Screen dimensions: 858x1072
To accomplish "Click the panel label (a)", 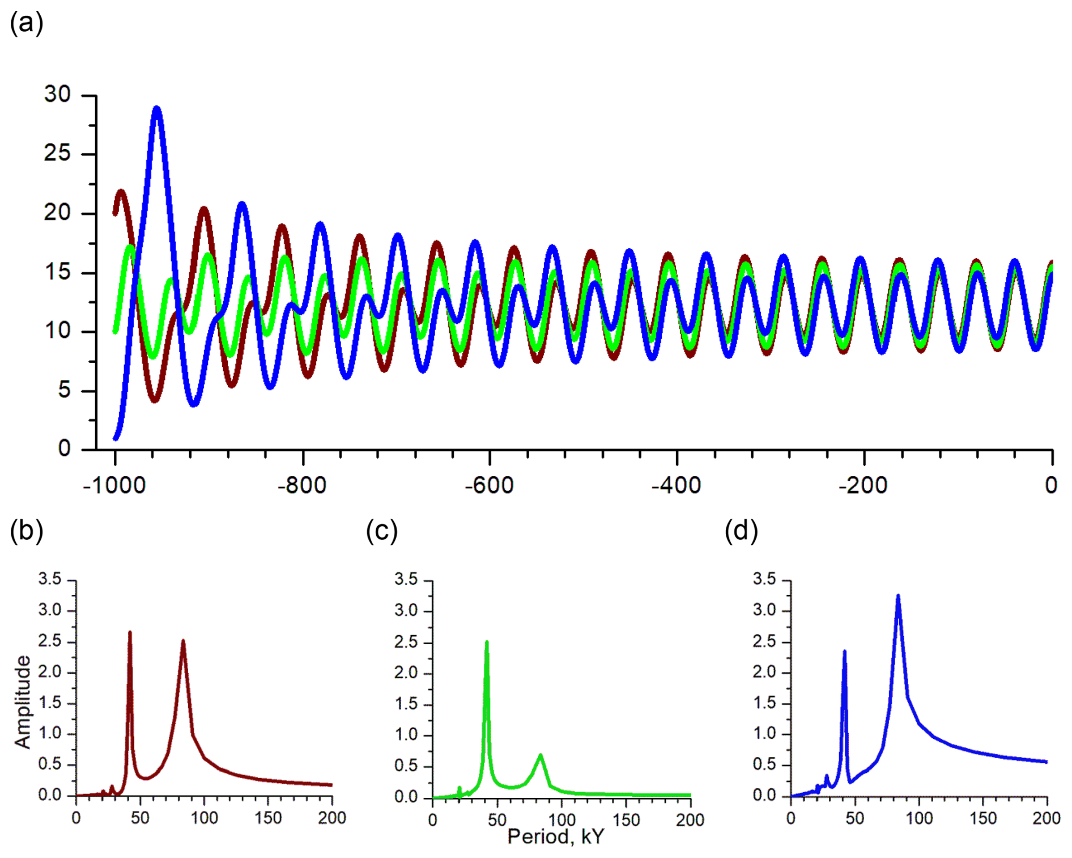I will tap(26, 24).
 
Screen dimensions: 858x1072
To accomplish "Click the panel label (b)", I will tap(26, 531).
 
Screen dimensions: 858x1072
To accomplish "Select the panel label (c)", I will tap(382, 531).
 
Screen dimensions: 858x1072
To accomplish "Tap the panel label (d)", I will tap(741, 531).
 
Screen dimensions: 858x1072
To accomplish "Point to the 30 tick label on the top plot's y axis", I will tap(57, 94).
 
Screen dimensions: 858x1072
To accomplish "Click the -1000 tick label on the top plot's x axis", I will tap(114, 485).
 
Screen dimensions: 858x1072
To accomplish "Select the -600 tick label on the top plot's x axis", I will tap(489, 485).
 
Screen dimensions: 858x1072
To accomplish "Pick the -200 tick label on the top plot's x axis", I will tap(863, 485).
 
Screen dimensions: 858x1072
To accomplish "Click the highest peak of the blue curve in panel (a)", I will tap(157, 108).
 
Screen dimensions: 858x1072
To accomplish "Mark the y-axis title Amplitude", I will tap(23, 702).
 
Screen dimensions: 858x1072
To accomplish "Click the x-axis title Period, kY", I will tap(556, 836).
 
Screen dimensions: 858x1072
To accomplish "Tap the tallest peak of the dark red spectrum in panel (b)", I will tap(130, 632).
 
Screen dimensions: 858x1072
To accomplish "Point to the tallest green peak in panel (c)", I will tap(487, 643).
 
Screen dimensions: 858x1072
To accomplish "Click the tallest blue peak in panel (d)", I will tap(898, 596).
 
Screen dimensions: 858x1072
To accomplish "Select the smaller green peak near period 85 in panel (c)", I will tap(541, 755).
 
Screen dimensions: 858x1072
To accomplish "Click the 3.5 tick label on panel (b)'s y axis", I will tap(50, 579).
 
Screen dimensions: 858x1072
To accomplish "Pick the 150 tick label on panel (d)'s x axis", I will tap(982, 818).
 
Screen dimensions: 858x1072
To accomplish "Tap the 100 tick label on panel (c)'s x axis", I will tap(561, 819).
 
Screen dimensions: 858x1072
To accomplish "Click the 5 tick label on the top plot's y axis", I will tap(64, 390).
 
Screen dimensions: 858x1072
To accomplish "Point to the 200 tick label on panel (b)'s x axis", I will tap(332, 818).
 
